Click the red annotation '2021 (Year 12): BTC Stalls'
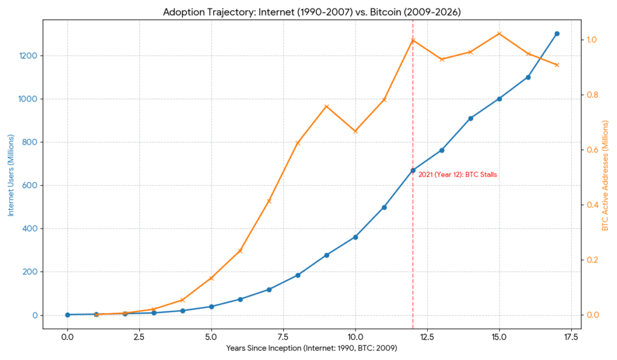[458, 175]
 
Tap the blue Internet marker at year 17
[557, 34]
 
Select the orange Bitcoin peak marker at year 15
[500, 34]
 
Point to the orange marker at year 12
[413, 40]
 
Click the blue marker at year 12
[413, 171]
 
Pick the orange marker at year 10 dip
[355, 131]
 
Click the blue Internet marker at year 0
[67, 315]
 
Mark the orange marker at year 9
[327, 107]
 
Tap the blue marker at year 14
[471, 118]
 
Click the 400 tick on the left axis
[31, 229]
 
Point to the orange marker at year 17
[557, 65]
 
